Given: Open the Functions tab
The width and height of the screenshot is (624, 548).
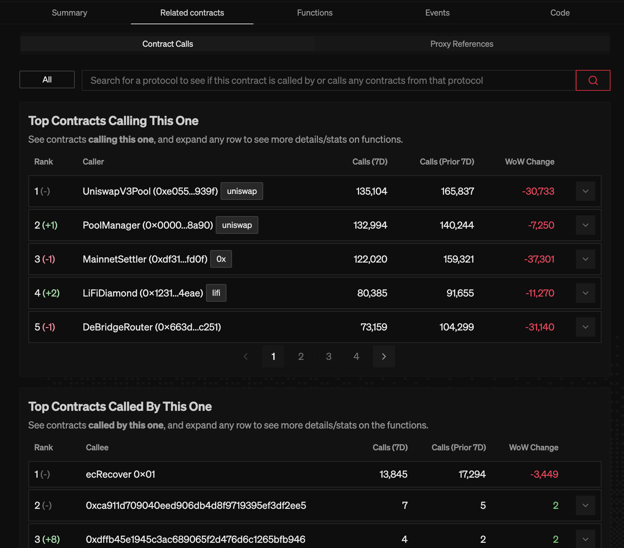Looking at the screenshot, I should pyautogui.click(x=314, y=13).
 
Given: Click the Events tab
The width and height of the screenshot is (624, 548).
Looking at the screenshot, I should pyautogui.click(x=437, y=13).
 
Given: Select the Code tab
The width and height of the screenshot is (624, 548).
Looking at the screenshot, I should pyautogui.click(x=560, y=13).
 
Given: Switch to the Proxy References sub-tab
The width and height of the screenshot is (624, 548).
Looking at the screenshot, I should pyautogui.click(x=462, y=44).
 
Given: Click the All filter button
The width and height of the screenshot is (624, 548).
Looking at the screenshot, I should pyautogui.click(x=47, y=80).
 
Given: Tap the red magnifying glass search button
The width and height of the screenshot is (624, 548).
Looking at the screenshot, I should pyautogui.click(x=593, y=80).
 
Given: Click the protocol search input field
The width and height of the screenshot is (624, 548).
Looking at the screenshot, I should pyautogui.click(x=328, y=80).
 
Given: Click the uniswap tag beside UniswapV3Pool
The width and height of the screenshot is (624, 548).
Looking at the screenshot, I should pyautogui.click(x=242, y=191).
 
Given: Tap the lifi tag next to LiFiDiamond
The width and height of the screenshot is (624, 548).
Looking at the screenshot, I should pyautogui.click(x=216, y=293).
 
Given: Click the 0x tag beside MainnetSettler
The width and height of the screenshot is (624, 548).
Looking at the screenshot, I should pyautogui.click(x=221, y=259).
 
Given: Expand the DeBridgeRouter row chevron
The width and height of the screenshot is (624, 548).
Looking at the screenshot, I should pyautogui.click(x=585, y=327).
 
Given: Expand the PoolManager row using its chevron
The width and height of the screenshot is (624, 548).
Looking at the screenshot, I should pyautogui.click(x=585, y=225).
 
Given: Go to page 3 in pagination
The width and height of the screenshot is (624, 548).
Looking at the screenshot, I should pyautogui.click(x=329, y=356).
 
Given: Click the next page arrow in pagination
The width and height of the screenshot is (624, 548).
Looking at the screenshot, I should pyautogui.click(x=384, y=356).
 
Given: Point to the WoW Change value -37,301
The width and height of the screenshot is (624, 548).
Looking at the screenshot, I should pyautogui.click(x=539, y=259).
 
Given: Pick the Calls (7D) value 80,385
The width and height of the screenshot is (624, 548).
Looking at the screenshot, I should pyautogui.click(x=372, y=293).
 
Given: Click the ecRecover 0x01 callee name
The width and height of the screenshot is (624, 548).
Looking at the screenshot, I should pyautogui.click(x=120, y=474).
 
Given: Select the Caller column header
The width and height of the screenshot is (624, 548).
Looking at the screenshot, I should pyautogui.click(x=93, y=162).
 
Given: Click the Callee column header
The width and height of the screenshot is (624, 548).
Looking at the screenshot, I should pyautogui.click(x=97, y=448).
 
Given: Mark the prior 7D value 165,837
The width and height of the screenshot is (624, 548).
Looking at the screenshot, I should pyautogui.click(x=457, y=191).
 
